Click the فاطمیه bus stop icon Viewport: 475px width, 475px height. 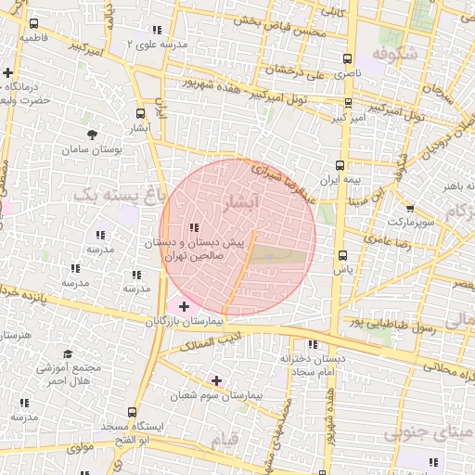34,24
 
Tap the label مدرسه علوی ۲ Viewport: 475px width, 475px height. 161,45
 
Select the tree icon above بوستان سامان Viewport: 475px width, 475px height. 91,135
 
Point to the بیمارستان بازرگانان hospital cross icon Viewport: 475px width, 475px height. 184,306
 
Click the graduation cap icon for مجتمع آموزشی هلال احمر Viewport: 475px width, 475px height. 67,354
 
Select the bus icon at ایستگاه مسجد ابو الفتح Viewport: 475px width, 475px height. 132,411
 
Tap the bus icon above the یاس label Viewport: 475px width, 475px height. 342,255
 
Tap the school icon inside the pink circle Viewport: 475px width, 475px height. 193,227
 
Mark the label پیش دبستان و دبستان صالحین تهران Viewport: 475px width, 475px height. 193,248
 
